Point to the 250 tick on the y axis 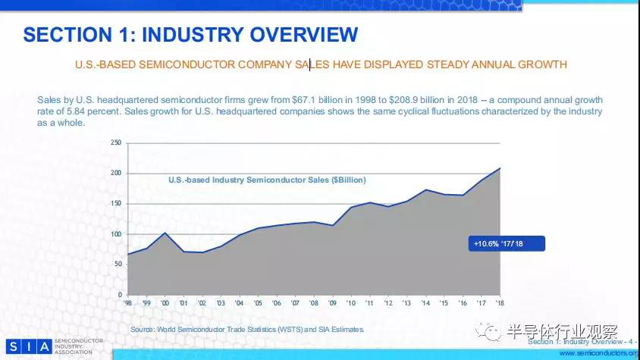117,142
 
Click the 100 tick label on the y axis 117,233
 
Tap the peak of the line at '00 165,233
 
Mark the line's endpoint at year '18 500,167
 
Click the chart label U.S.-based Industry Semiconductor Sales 266,180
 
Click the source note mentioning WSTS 247,329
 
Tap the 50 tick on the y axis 118,264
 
